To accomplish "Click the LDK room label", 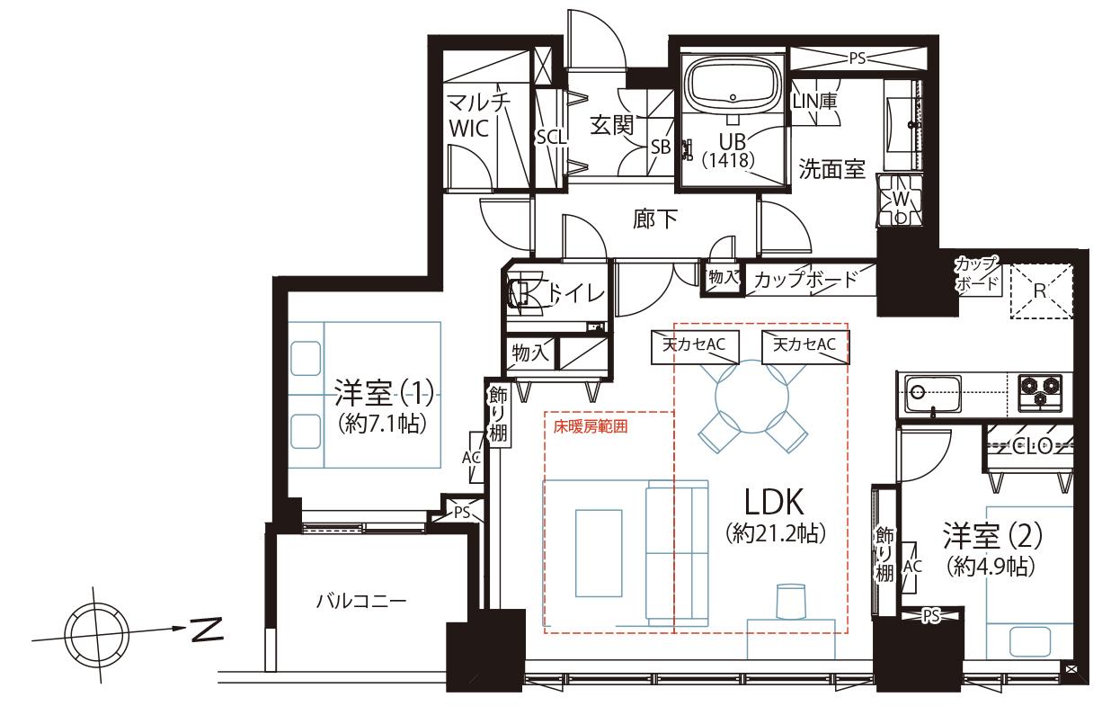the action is (x=774, y=502).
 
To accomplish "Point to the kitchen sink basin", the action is (x=933, y=394).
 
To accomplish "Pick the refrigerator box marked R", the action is (x=1042, y=291).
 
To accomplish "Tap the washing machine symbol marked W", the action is (x=900, y=201).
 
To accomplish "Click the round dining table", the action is (x=752, y=397).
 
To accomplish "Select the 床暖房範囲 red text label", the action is (x=591, y=427).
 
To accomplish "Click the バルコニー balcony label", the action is (x=361, y=602).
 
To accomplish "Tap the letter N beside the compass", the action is (x=208, y=630).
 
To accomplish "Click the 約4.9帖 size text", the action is (x=991, y=567).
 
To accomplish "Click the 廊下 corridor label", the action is (x=654, y=219).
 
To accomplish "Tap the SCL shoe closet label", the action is (x=552, y=137).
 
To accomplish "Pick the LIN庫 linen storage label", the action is (x=814, y=102).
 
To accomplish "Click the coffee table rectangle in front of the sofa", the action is (x=599, y=553).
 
